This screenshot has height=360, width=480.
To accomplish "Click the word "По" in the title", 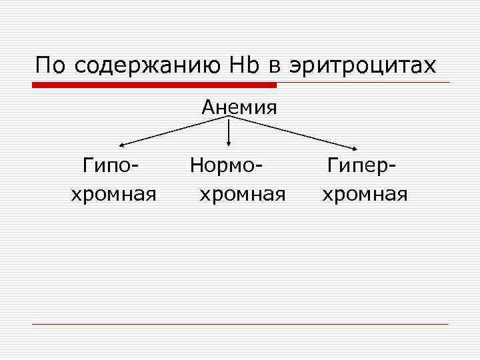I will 52,65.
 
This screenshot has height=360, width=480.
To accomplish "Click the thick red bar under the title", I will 154,85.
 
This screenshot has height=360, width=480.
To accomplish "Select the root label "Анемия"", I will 239,107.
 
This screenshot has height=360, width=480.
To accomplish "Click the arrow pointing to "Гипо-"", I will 173,131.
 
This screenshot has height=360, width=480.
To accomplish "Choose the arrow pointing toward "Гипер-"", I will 293,132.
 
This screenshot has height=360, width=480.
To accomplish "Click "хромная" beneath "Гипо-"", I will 114,194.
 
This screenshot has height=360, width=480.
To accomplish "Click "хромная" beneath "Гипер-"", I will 365,194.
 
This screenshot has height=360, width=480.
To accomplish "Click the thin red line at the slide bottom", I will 240,324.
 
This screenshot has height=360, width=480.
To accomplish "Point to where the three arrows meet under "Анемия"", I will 229,117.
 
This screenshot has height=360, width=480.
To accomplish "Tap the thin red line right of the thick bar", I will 363,83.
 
